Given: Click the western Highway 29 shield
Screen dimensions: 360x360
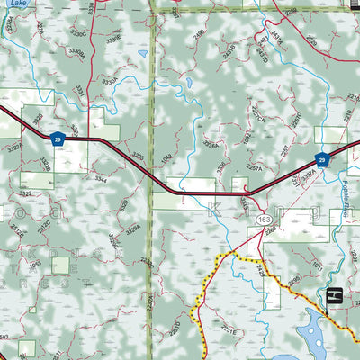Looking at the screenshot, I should (x=57, y=139).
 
